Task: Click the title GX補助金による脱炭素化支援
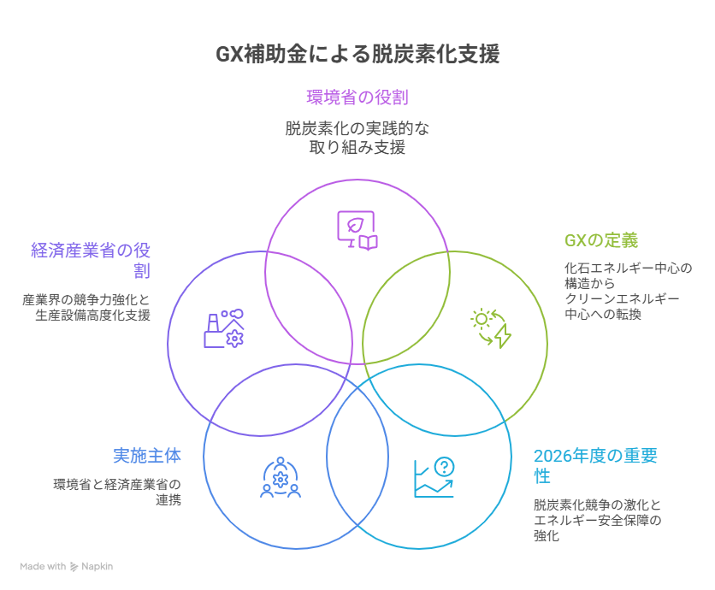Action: (x=357, y=55)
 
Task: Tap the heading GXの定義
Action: (x=600, y=240)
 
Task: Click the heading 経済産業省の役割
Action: (x=91, y=260)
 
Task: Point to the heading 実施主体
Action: (x=147, y=456)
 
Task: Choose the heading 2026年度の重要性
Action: (x=594, y=465)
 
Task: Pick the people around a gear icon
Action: (x=280, y=477)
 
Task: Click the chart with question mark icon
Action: (x=434, y=477)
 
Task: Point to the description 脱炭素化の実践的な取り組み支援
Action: (x=357, y=138)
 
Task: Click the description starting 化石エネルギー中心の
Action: (x=627, y=291)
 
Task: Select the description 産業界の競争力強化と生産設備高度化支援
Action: (x=86, y=307)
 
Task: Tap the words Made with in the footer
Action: (x=43, y=566)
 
